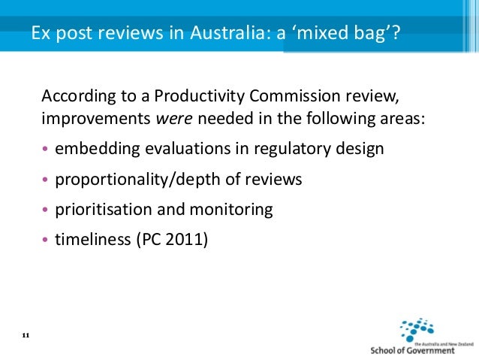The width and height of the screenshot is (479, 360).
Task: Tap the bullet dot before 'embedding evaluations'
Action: click(x=46, y=150)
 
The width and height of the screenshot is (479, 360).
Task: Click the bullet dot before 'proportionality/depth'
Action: click(x=46, y=180)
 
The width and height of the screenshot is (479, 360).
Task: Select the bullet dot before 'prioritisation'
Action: click(x=46, y=210)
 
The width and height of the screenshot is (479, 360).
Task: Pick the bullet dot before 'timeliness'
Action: click(x=46, y=241)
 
